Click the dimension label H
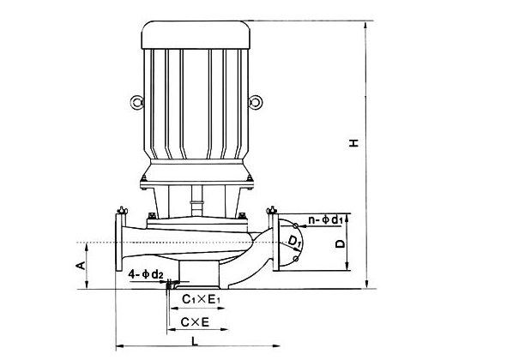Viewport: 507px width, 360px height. coord(355,142)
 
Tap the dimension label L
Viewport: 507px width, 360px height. coord(195,341)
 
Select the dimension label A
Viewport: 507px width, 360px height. coord(81,266)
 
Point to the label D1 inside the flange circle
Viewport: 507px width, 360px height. coord(294,241)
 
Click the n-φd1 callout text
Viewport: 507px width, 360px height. coord(325,220)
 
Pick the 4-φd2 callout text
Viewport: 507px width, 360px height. coord(146,274)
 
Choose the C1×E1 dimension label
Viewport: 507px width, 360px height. coord(201,299)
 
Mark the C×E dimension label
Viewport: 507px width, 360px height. coord(196,322)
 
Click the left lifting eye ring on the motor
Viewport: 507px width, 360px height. coord(136,103)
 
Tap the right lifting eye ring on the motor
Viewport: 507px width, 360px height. coord(256,102)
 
